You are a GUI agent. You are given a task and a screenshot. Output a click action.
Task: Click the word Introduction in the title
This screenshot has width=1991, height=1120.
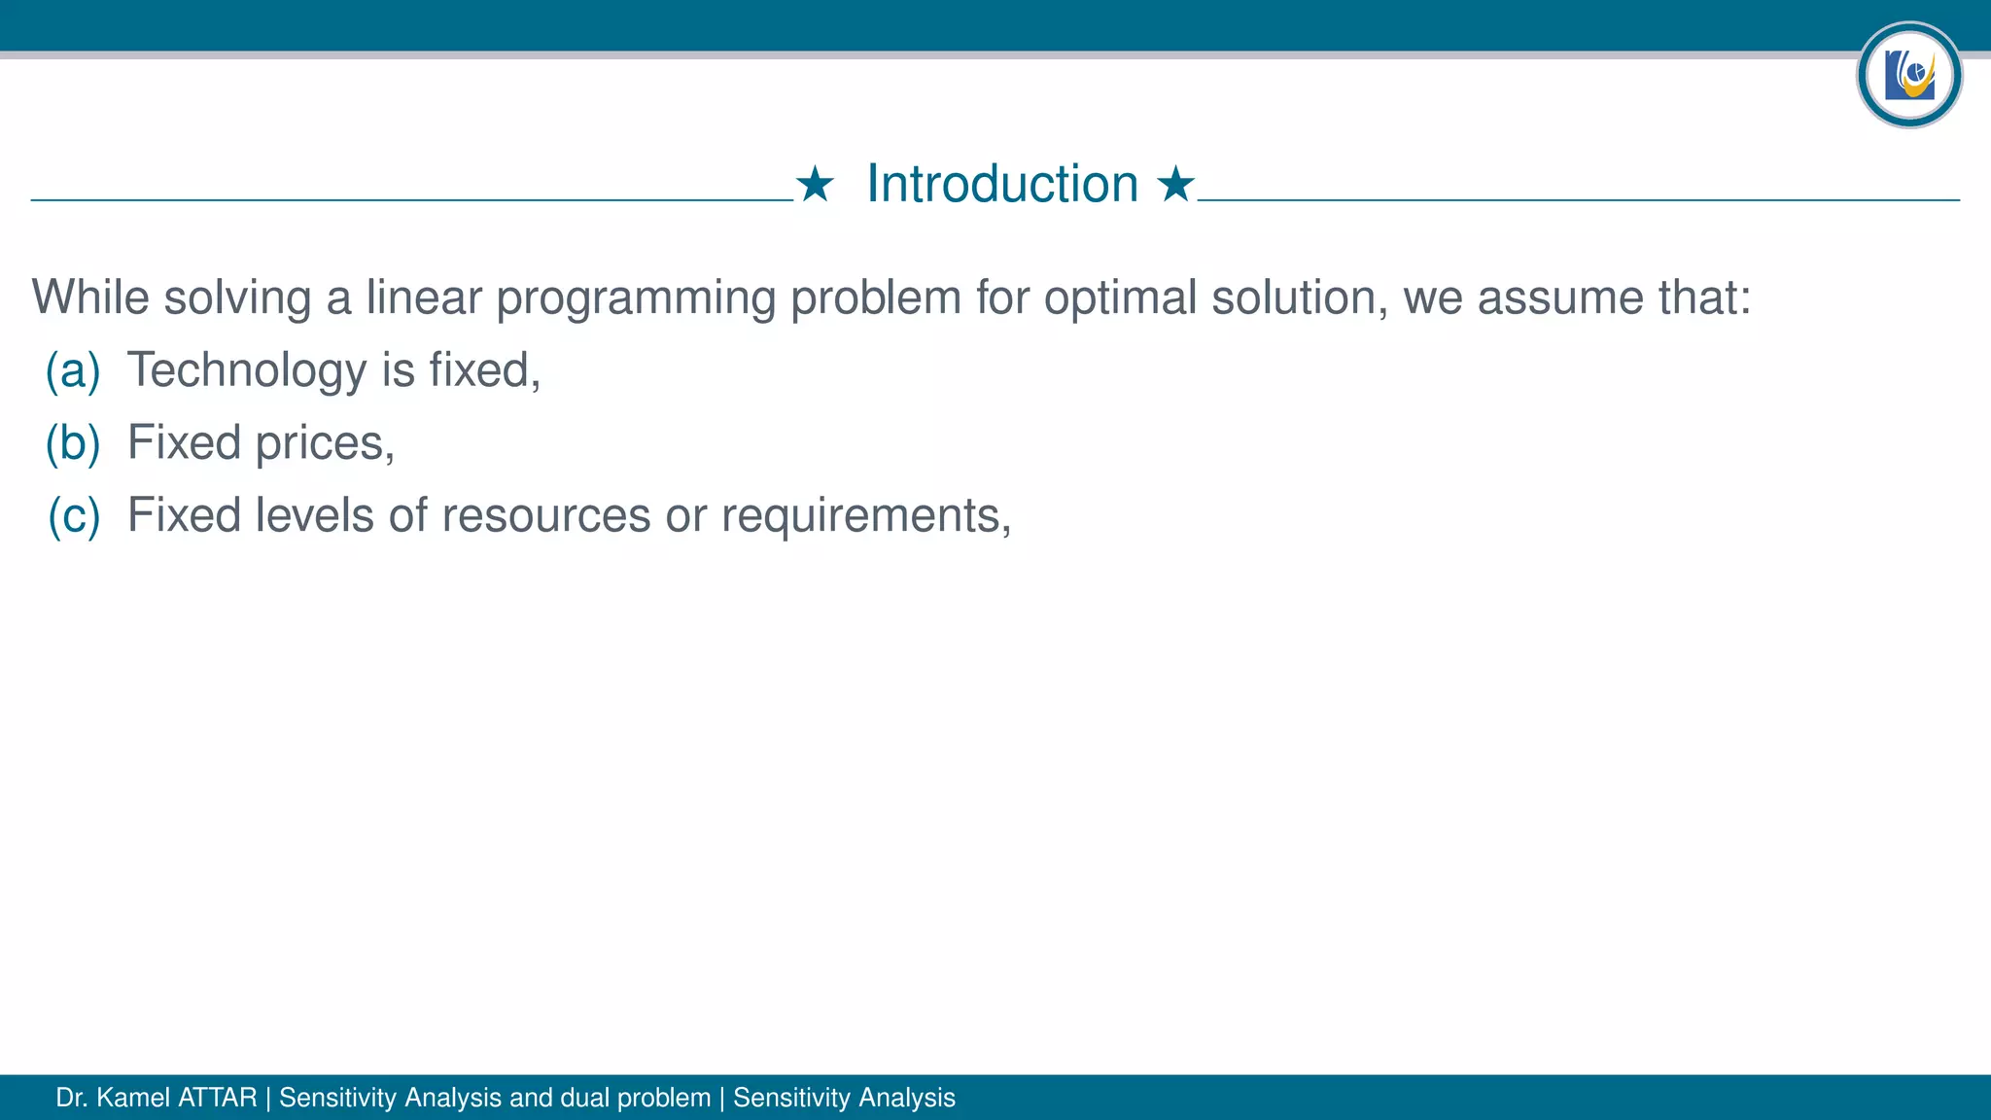coord(1001,184)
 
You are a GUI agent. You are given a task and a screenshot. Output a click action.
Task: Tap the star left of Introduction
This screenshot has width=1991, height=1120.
coord(815,184)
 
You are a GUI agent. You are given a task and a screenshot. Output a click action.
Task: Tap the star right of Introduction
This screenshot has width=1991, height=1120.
coord(1175,184)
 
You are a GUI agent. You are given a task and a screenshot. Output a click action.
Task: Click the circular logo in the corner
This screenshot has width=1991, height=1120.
coord(1908,75)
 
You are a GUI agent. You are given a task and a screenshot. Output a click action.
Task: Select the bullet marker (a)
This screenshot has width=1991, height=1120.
coord(73,370)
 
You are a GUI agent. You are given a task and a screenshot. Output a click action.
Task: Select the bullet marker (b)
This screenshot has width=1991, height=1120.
coord(73,443)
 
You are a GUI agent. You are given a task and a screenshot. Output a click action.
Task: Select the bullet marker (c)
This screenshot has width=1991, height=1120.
coord(74,515)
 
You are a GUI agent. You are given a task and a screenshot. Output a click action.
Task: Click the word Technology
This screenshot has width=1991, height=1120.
coord(246,370)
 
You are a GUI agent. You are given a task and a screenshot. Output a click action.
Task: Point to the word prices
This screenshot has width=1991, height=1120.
coord(324,443)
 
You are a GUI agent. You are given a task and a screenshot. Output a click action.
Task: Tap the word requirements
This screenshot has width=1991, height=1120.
coord(864,515)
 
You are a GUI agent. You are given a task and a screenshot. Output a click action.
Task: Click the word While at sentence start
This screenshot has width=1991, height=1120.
coord(89,297)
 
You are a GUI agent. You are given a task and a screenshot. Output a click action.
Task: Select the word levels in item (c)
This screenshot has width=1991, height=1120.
coord(314,515)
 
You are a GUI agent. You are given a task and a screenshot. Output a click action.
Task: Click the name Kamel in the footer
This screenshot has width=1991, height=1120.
coord(134,1098)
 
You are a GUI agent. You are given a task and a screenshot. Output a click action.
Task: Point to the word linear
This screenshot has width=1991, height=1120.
coord(423,297)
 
